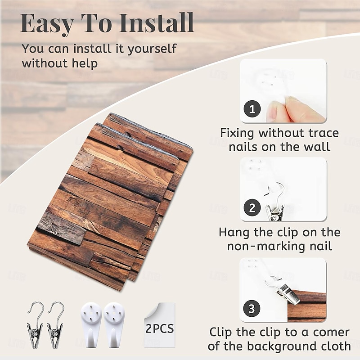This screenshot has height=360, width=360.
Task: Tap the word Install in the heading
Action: pyautogui.click(x=157, y=22)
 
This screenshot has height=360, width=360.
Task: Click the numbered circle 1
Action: pyautogui.click(x=252, y=109)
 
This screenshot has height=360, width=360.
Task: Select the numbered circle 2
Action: pyautogui.click(x=252, y=207)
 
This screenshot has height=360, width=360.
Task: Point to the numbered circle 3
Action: pyautogui.click(x=252, y=308)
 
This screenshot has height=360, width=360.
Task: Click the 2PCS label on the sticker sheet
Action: pyautogui.click(x=160, y=328)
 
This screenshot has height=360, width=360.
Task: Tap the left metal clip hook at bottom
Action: pyautogui.click(x=35, y=325)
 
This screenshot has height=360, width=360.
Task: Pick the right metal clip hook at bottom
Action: pyautogui.click(x=55, y=325)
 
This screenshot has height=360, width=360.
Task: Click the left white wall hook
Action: pyautogui.click(x=91, y=324)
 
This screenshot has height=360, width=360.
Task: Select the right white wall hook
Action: pyautogui.click(x=114, y=324)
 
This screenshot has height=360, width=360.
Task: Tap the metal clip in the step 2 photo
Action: pyautogui.click(x=275, y=203)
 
